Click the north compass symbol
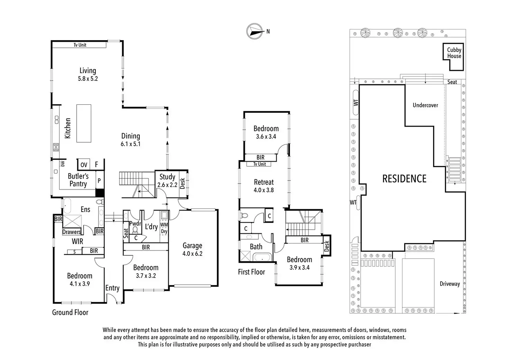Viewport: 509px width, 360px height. coord(254,31)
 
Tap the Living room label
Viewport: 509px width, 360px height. coord(88,71)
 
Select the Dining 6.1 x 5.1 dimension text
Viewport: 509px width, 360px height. coord(130,144)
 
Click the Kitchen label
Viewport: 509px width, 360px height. coord(68,128)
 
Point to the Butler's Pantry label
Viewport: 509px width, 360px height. coord(78,180)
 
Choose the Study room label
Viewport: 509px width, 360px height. coord(167,177)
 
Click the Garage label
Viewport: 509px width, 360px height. coord(192,246)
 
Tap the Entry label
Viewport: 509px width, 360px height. coord(112,288)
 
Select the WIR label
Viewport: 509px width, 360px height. coord(77,241)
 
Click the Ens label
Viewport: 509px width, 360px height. coord(85,209)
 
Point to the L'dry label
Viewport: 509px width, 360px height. coord(151,227)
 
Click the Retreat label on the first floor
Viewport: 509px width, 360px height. coord(264,182)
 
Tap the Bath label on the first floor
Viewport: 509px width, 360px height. coord(256,247)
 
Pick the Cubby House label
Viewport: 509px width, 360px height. coord(454,53)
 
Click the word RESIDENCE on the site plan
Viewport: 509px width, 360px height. coord(404,179)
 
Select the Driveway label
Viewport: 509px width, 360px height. coord(450,284)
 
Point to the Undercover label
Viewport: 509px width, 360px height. coord(425,105)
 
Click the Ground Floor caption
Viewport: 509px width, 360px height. coord(70,312)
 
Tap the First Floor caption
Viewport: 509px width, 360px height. coord(251,272)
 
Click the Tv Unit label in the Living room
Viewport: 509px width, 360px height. coord(80,45)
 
